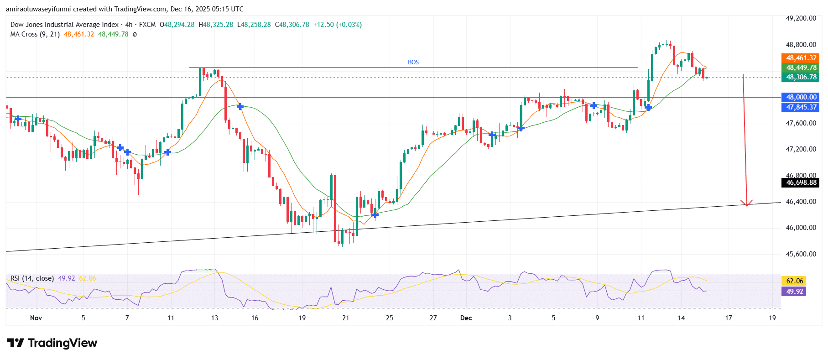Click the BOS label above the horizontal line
pyautogui.click(x=413, y=62)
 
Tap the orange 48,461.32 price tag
pyautogui.click(x=801, y=58)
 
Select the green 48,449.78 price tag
pyautogui.click(x=801, y=68)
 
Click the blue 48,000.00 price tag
pyautogui.click(x=801, y=97)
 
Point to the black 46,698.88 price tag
pyautogui.click(x=801, y=183)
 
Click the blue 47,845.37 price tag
pyautogui.click(x=801, y=107)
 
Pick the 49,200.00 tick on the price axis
pyautogui.click(x=801, y=18)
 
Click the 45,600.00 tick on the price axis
pyautogui.click(x=801, y=254)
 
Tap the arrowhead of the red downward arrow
pyautogui.click(x=746, y=203)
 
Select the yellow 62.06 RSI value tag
pyautogui.click(x=794, y=281)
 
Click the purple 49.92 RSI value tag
pyautogui.click(x=794, y=292)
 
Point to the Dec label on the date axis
pyautogui.click(x=466, y=318)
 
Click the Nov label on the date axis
pyautogui.click(x=36, y=318)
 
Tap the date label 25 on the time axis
pyautogui.click(x=389, y=318)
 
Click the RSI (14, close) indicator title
pyautogui.click(x=32, y=278)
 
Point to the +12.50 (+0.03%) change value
pyautogui.click(x=337, y=25)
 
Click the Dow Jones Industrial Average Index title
pyautogui.click(x=64, y=25)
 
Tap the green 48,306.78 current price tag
pyautogui.click(x=801, y=77)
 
